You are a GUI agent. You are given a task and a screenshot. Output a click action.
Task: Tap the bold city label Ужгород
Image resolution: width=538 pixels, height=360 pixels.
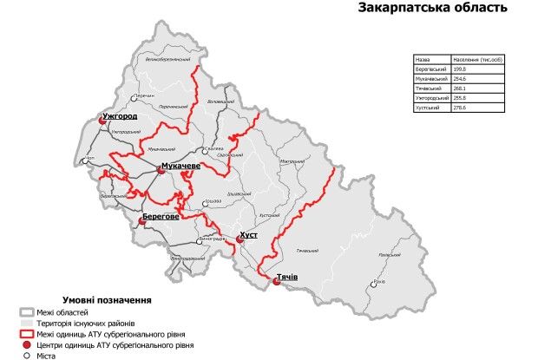[x=120, y=115]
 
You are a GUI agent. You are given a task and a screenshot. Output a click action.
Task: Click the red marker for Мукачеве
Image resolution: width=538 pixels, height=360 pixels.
[x=159, y=170]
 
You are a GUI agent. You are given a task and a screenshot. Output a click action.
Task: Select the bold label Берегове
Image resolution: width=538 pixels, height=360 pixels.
[x=161, y=217]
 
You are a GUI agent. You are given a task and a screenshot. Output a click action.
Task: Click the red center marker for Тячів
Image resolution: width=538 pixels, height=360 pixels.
[x=271, y=281]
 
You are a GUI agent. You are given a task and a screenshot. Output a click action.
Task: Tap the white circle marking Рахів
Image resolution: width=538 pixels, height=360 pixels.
[x=375, y=282]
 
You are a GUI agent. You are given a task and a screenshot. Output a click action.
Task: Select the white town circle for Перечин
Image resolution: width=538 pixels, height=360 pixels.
[x=134, y=97]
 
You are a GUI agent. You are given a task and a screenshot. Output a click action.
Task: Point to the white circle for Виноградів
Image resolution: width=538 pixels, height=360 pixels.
[x=200, y=241]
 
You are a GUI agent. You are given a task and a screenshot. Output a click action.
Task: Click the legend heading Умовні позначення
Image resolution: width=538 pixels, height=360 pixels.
[x=114, y=300]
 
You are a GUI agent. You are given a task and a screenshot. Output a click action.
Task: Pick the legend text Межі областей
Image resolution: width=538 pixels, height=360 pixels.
[x=62, y=311]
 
